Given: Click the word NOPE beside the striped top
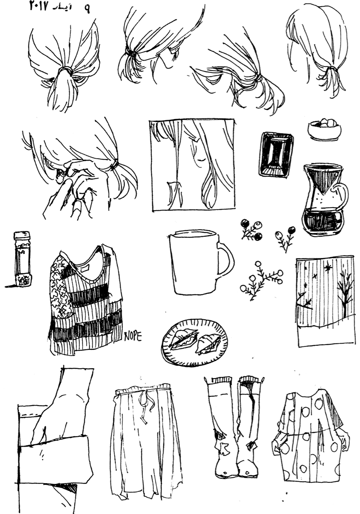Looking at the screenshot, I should click(x=133, y=336).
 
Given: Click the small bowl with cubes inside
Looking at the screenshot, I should click(x=324, y=129).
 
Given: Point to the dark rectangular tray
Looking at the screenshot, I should click(x=276, y=154).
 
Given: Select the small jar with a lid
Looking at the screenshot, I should click(x=22, y=258).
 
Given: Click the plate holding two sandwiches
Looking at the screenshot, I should click(x=194, y=343).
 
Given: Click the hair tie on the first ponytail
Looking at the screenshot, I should click(x=65, y=71).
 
